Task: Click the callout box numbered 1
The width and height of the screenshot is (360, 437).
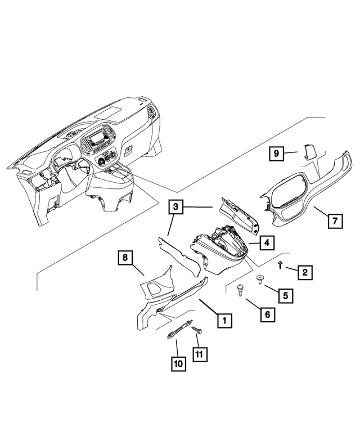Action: pyautogui.click(x=224, y=321)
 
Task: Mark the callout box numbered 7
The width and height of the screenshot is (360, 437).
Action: pyautogui.click(x=334, y=221)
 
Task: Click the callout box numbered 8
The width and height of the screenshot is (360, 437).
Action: pyautogui.click(x=125, y=259)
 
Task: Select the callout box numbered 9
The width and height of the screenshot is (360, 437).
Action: pyautogui.click(x=276, y=153)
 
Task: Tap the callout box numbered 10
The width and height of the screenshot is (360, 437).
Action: pyautogui.click(x=178, y=364)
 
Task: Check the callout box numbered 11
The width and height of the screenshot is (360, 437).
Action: pyautogui.click(x=200, y=354)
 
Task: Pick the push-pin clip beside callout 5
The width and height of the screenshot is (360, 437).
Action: pyautogui.click(x=260, y=278)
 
